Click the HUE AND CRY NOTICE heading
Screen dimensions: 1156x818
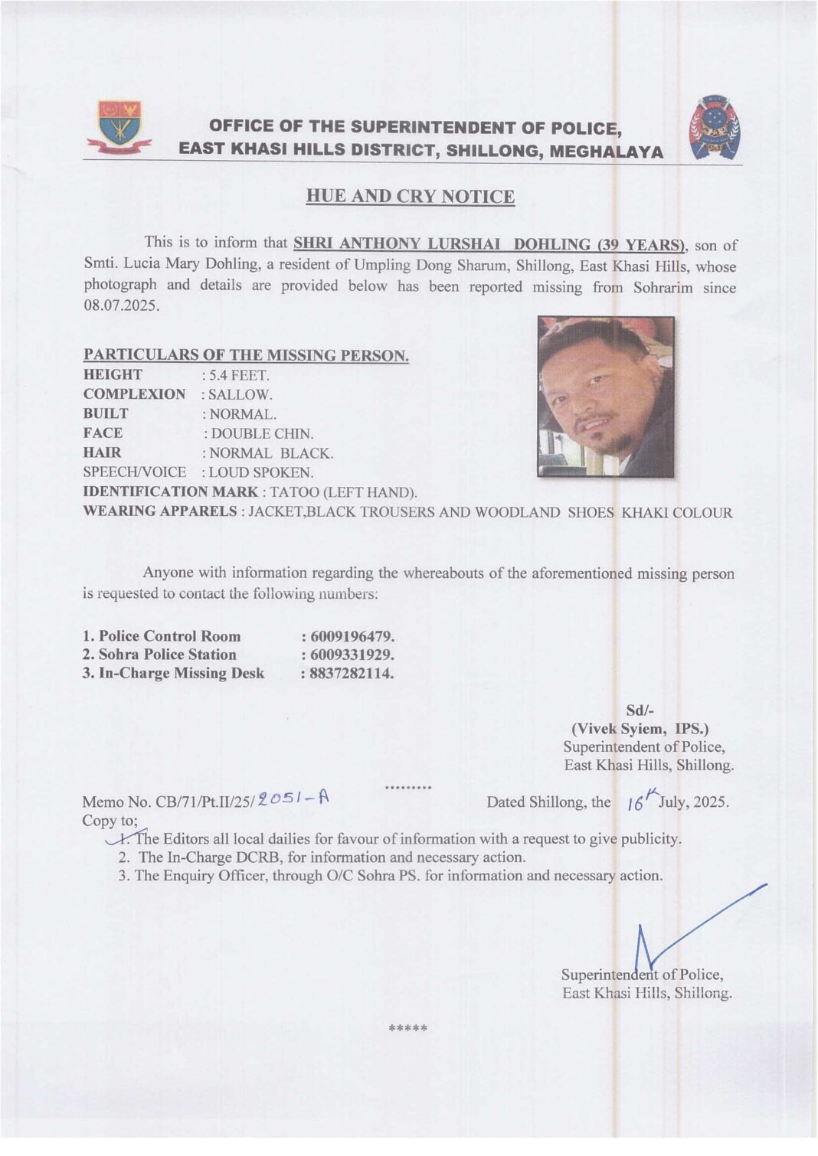[x=410, y=197]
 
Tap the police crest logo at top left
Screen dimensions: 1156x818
[x=119, y=127]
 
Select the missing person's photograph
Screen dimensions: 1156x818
[x=605, y=396]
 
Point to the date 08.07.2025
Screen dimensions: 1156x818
[x=121, y=305]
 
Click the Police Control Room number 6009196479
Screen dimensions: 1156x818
[x=352, y=637]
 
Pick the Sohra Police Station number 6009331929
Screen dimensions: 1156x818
[x=352, y=655]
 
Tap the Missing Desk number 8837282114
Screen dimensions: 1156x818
[x=351, y=674]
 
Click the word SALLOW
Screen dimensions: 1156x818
[x=240, y=395]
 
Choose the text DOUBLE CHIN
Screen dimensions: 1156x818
[x=262, y=434]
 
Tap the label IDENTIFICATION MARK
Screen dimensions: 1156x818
[x=170, y=491]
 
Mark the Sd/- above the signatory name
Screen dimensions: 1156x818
[x=640, y=710]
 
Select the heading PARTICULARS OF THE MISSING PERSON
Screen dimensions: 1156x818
[x=246, y=355]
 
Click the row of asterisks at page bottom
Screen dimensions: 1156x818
[x=408, y=1028]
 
